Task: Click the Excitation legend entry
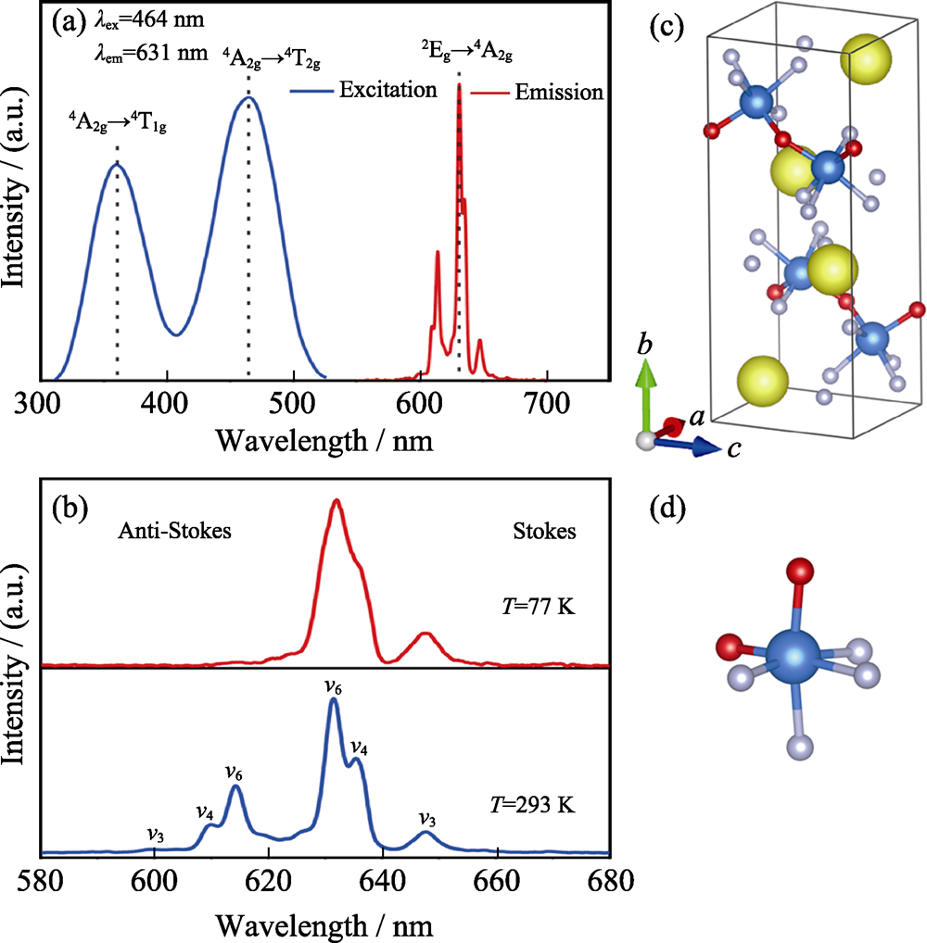(387, 91)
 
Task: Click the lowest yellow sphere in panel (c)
(762, 380)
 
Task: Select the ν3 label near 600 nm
(156, 832)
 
